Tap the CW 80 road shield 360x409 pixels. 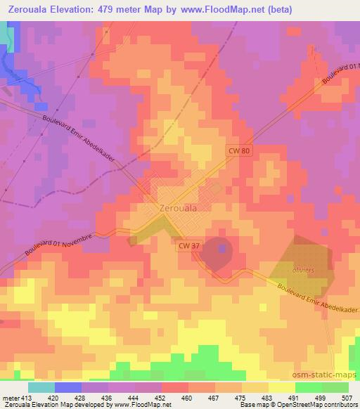point(238,150)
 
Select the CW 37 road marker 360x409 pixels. point(187,245)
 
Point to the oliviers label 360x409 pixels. point(302,270)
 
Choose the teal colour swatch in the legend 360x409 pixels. point(41,387)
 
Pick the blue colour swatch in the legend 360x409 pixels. point(67,387)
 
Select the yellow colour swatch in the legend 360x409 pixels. point(281,387)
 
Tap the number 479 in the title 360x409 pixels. point(108,9)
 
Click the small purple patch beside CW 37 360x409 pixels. point(223,248)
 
